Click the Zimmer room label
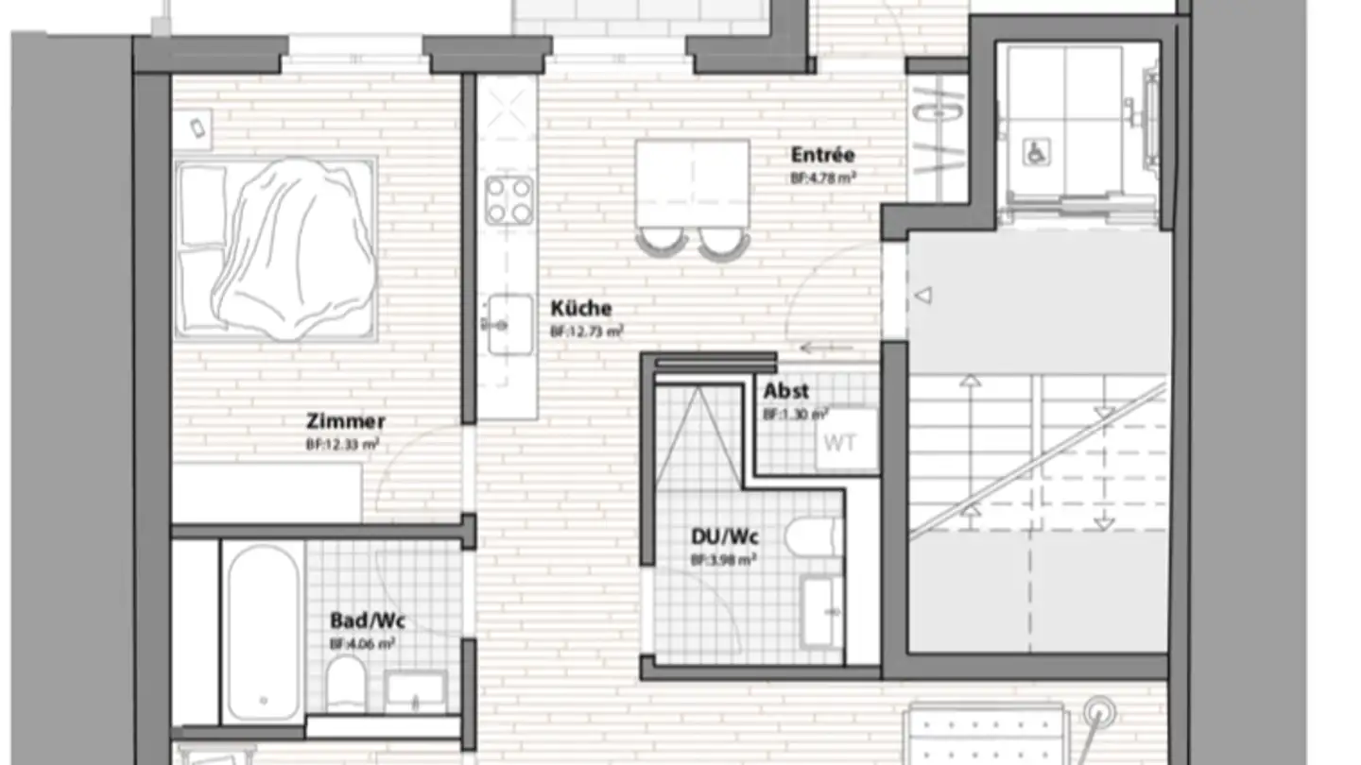click(x=345, y=422)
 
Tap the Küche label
click(x=581, y=309)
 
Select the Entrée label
click(x=822, y=155)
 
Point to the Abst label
click(x=785, y=391)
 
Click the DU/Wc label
click(x=725, y=537)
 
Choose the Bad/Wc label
click(x=367, y=620)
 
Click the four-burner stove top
click(x=508, y=200)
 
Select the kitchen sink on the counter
click(x=508, y=324)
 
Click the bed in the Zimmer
click(x=276, y=247)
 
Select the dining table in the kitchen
click(x=692, y=182)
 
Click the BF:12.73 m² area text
click(x=586, y=331)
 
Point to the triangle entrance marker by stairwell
click(x=923, y=296)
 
